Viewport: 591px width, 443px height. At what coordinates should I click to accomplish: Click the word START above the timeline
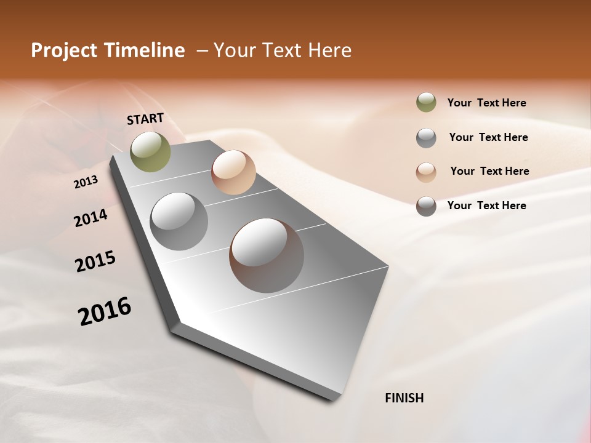145,119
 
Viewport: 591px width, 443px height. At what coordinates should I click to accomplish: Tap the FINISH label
404,398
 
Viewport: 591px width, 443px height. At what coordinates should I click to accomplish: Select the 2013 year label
86,182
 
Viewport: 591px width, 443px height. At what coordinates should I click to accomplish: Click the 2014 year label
90,218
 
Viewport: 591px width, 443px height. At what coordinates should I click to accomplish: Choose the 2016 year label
105,311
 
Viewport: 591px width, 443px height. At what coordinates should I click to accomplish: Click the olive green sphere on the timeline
150,151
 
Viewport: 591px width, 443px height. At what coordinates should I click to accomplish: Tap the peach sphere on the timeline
233,172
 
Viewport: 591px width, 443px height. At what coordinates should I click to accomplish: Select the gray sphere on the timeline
179,221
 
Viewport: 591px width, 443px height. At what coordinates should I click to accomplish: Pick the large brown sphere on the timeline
267,255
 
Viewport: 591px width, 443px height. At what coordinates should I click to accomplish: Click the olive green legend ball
426,103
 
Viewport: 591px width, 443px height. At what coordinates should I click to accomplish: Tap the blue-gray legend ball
426,138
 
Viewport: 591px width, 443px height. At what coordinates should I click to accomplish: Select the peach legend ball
426,172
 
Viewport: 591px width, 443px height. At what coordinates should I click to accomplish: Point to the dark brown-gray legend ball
426,206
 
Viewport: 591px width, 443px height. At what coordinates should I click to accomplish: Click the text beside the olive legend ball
486,103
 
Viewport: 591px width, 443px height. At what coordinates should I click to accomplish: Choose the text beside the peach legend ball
489,171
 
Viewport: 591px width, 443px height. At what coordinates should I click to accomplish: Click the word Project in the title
63,50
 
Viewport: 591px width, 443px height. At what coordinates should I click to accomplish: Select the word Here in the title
329,50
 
